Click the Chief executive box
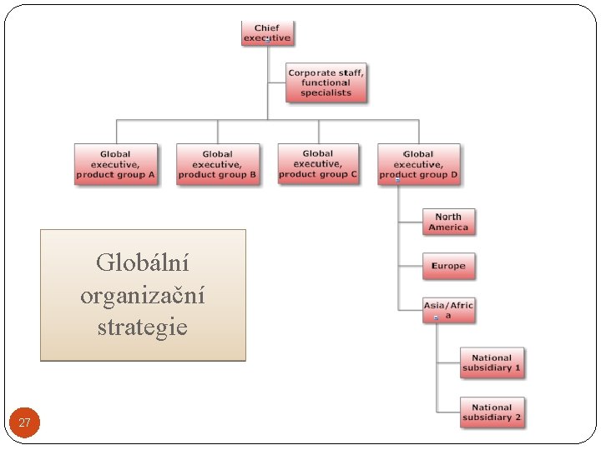tap(267, 33)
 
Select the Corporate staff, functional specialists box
tap(326, 82)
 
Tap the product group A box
tap(116, 164)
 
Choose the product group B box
tap(218, 164)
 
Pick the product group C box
tap(318, 163)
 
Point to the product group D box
tap(418, 164)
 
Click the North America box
tap(448, 222)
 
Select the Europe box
tap(448, 266)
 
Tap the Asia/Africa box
tap(448, 310)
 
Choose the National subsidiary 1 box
tap(492, 362)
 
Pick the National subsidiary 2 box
tap(492, 412)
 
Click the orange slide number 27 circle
tap(24, 422)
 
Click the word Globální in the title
tap(143, 263)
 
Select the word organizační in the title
tap(143, 295)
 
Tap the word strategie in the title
tap(143, 327)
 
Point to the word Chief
tap(267, 28)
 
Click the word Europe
tap(448, 266)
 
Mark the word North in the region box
tap(448, 217)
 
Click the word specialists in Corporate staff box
tap(326, 92)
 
